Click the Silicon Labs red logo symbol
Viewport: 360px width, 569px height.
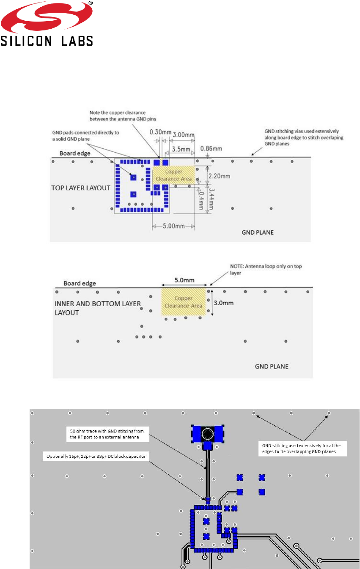tap(47, 17)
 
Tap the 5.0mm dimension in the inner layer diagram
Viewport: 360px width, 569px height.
tap(184, 280)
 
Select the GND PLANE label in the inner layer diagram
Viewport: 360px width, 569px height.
tap(272, 366)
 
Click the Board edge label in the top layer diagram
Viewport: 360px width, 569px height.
tap(75, 153)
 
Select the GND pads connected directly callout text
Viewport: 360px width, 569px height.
tap(85, 135)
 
